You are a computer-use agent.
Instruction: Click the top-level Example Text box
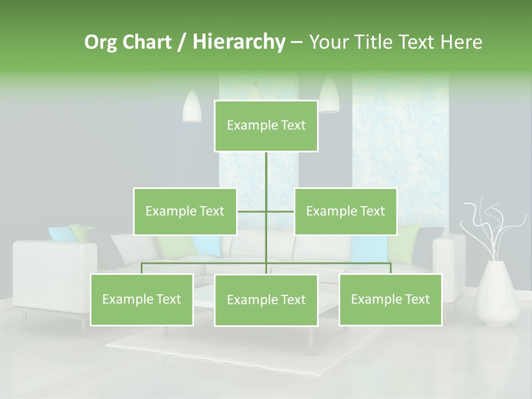pos(266,126)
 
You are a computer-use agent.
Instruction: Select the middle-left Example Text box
pos(185,211)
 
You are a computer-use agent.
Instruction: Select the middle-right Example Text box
pos(345,211)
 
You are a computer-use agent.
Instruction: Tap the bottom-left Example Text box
pos(142,299)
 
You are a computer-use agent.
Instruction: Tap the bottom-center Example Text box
pos(266,300)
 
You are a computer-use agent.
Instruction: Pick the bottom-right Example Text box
pos(390,299)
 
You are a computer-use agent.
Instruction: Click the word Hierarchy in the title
pos(238,42)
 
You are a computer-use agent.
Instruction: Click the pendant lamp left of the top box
pos(192,106)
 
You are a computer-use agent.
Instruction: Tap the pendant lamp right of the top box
pos(329,95)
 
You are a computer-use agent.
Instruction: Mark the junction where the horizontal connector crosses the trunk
pos(266,211)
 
